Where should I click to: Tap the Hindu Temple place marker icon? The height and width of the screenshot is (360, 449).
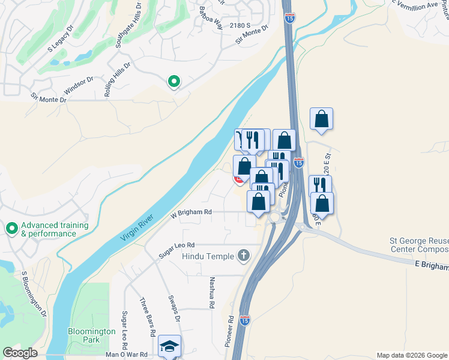click(x=243, y=256)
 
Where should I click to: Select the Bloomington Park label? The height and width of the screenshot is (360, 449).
click(x=91, y=335)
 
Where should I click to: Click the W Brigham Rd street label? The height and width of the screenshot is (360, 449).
click(x=191, y=212)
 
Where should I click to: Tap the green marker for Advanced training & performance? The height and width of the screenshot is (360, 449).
click(x=11, y=229)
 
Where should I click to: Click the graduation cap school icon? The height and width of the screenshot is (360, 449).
click(x=169, y=346)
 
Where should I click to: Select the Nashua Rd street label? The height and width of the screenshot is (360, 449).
click(x=212, y=293)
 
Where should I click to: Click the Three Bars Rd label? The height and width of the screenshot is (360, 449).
click(x=148, y=316)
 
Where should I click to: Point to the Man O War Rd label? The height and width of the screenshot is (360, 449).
click(x=126, y=355)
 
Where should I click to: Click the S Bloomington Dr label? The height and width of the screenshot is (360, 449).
click(x=34, y=293)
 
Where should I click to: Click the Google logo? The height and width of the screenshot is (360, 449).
click(x=19, y=353)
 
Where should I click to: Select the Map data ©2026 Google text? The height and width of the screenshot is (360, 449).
click(x=411, y=355)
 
